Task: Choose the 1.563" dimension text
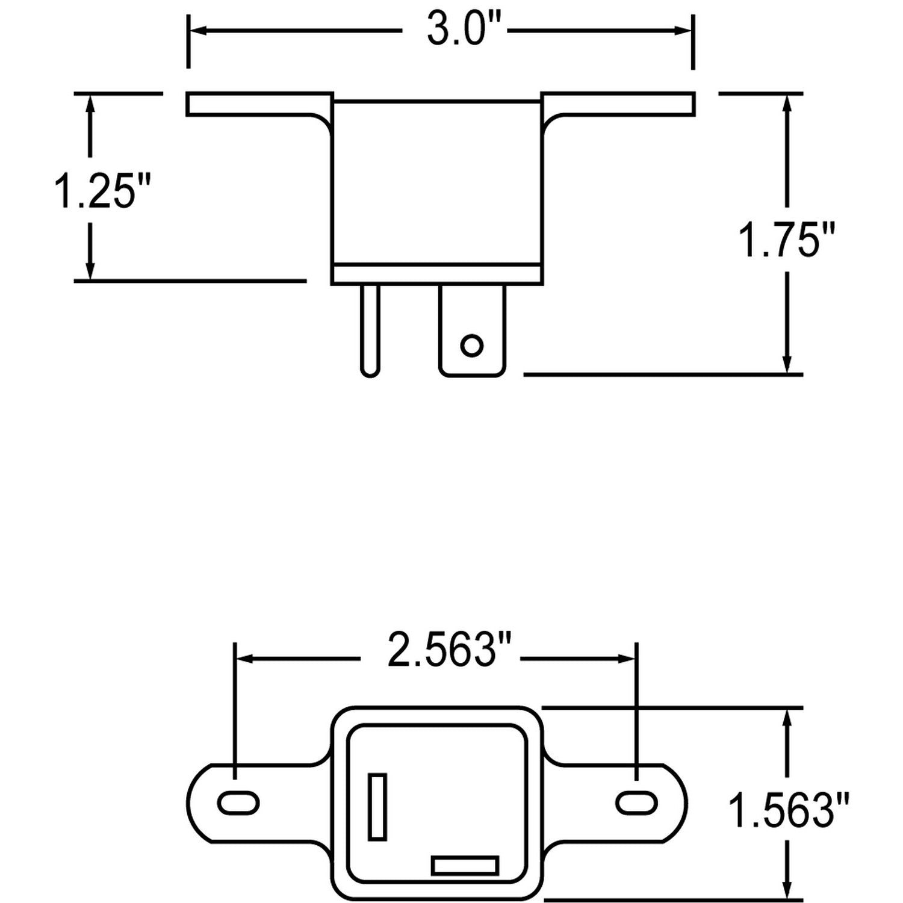[789, 810]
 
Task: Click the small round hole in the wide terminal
[471, 346]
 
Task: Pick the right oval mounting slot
[636, 803]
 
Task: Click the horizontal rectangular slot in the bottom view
[465, 866]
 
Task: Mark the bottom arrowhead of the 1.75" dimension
[786, 365]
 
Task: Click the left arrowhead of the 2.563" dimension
[244, 659]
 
